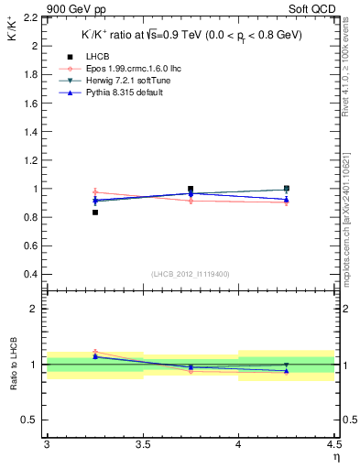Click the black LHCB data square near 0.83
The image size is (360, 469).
tap(94, 213)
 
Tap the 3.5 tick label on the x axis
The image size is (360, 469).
tap(142, 444)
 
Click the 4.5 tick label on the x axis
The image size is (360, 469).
tap(333, 444)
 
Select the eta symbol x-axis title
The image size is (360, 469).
tap(335, 457)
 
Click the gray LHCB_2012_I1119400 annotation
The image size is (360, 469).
tap(190, 274)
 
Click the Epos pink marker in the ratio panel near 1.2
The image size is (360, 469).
tap(94, 352)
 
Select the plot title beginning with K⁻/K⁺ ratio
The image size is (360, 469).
tap(190, 35)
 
